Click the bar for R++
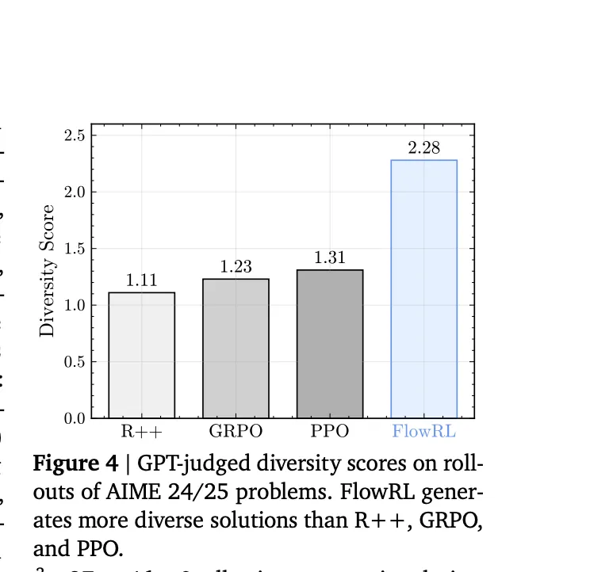141,355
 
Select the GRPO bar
236,349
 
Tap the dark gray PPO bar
330,344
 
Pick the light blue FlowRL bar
423,289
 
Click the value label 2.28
423,148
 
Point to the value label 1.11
141,280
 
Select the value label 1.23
236,267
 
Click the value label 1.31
330,257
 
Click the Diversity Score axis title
48,271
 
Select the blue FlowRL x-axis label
423,433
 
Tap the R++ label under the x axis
141,433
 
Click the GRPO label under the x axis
236,433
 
